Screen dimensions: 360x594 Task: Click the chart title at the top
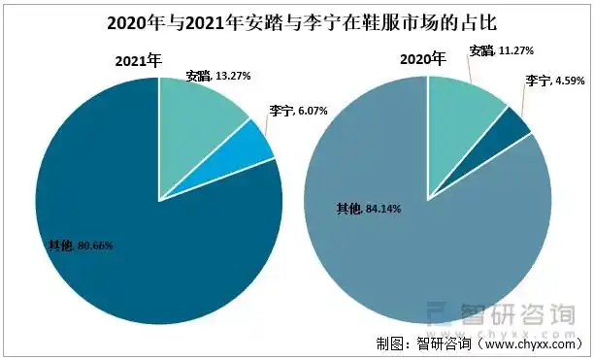click(297, 22)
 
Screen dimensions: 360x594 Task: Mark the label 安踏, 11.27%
click(501, 50)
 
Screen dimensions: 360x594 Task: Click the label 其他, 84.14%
click(368, 208)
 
